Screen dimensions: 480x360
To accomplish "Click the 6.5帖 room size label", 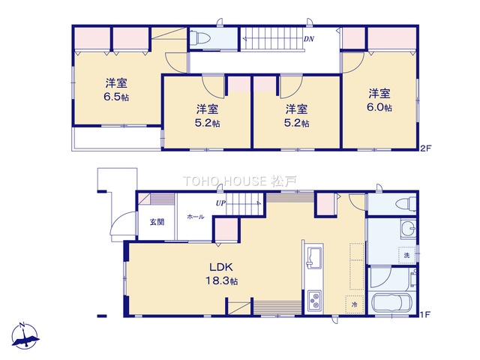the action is pyautogui.click(x=116, y=97).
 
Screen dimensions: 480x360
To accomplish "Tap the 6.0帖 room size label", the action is pyautogui.click(x=379, y=107).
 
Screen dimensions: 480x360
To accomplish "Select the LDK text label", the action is pyautogui.click(x=221, y=267).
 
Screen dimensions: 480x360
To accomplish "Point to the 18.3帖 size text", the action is pyautogui.click(x=221, y=281).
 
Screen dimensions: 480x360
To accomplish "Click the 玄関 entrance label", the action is pyautogui.click(x=157, y=222).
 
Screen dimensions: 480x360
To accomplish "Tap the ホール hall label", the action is pyautogui.click(x=195, y=217).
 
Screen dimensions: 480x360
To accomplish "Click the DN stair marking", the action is pyautogui.click(x=308, y=39).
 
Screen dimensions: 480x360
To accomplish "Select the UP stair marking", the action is pyautogui.click(x=220, y=203).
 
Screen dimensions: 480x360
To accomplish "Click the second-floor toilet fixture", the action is pyautogui.click(x=199, y=38).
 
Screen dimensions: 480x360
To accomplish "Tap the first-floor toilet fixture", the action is pyautogui.click(x=406, y=203).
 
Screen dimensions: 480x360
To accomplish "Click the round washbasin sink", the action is pyautogui.click(x=408, y=229).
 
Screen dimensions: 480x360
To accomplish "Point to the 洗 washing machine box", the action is pyautogui.click(x=406, y=255).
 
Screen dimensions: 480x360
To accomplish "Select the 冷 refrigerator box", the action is pyautogui.click(x=355, y=304).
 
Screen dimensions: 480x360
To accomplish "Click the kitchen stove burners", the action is pyautogui.click(x=315, y=301).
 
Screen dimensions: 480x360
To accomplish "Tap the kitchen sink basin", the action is pyautogui.click(x=314, y=258).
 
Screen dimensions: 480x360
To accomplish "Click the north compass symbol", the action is pyautogui.click(x=25, y=336).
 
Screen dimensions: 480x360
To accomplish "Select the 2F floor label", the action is pyautogui.click(x=425, y=148).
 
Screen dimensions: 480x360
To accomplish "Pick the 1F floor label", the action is pyautogui.click(x=425, y=314).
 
